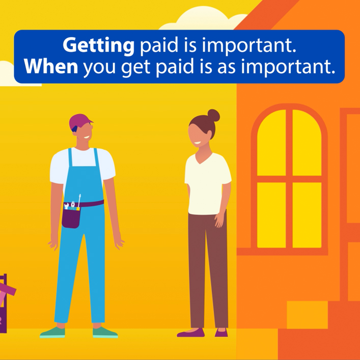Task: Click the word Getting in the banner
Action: click(x=98, y=45)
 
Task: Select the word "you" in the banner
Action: click(x=99, y=69)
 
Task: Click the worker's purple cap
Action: click(x=79, y=122)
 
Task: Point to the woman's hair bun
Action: click(x=213, y=116)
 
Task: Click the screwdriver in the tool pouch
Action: click(x=79, y=201)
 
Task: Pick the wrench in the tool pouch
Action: click(x=66, y=206)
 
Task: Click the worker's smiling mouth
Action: click(x=87, y=137)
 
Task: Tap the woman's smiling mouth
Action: click(x=198, y=143)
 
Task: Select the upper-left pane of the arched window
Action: click(x=271, y=143)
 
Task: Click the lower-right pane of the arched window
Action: click(x=307, y=215)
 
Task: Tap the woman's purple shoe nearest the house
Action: click(x=221, y=333)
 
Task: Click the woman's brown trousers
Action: click(x=208, y=269)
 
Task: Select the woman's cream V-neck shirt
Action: click(x=207, y=184)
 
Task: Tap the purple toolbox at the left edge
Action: click(x=4, y=303)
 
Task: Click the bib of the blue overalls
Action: click(x=84, y=177)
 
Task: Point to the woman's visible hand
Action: click(x=220, y=220)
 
